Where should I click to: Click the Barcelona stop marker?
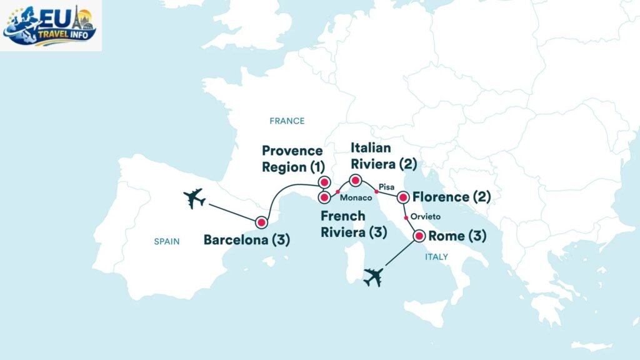pyautogui.click(x=261, y=222)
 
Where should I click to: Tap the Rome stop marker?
pyautogui.click(x=418, y=236)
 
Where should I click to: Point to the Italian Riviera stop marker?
pyautogui.click(x=355, y=181)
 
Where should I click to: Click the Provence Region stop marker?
pyautogui.click(x=324, y=182)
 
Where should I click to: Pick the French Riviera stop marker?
pyautogui.click(x=324, y=197)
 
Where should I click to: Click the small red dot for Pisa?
pyautogui.click(x=376, y=191)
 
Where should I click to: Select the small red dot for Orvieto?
pyautogui.click(x=406, y=217)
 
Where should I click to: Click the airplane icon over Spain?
pyautogui.click(x=194, y=199)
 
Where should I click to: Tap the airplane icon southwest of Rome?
pyautogui.click(x=373, y=276)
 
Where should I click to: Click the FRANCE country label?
pyautogui.click(x=287, y=121)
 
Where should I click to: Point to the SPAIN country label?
pyautogui.click(x=167, y=241)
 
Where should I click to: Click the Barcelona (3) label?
pyautogui.click(x=247, y=240)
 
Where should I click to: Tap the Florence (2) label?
pyautogui.click(x=452, y=197)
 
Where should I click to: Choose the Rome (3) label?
pyautogui.click(x=457, y=236)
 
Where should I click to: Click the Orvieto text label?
pyautogui.click(x=426, y=217)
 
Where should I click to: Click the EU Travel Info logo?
pyautogui.click(x=50, y=25)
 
